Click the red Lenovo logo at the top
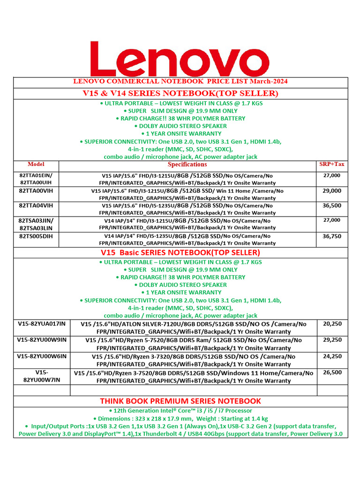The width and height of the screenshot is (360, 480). click(x=180, y=57)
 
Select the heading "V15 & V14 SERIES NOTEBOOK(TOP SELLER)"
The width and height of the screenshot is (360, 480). click(x=180, y=93)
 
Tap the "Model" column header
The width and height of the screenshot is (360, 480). click(x=36, y=165)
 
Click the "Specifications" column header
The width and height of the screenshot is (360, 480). click(x=187, y=165)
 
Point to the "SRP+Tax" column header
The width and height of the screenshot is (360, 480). click(x=331, y=165)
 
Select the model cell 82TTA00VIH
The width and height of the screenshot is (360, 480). click(x=36, y=191)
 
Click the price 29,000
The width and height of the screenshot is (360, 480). click(x=332, y=191)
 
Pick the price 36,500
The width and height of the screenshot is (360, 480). click(x=332, y=205)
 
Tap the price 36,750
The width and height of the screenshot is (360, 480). click(x=332, y=236)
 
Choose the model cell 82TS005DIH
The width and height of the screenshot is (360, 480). click(x=36, y=236)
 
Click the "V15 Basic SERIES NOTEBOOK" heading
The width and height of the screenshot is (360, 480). click(x=180, y=252)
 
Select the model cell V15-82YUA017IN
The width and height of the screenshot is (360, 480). click(x=42, y=324)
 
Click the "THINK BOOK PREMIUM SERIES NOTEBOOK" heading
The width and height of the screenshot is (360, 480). click(x=180, y=401)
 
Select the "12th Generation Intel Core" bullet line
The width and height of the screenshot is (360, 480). click(x=180, y=411)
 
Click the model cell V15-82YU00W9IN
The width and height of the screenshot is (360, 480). click(x=42, y=340)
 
